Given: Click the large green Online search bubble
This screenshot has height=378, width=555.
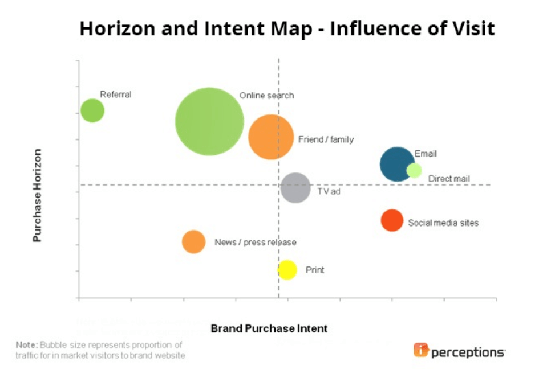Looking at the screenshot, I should tap(209, 121).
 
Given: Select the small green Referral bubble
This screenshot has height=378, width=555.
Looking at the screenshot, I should tap(92, 110).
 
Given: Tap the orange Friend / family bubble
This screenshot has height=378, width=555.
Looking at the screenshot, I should tap(270, 137).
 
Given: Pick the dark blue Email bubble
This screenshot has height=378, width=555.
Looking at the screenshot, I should tap(396, 164).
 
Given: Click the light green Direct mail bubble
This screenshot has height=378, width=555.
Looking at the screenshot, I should tap(414, 170).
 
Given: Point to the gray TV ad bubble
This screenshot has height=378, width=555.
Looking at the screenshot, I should tap(295, 187).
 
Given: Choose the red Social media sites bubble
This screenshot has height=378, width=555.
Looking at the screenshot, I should tap(392, 220).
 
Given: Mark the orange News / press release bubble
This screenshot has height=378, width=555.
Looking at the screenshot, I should tap(193, 241).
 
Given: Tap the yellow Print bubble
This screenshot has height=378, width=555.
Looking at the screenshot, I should tap(287, 269).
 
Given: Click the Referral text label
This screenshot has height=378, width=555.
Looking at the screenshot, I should tap(116, 94).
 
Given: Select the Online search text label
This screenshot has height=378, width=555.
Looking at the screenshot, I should tap(266, 95).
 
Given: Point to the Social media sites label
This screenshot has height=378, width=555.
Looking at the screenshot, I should tap(443, 223).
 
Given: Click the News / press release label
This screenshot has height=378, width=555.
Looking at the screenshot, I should tap(255, 242).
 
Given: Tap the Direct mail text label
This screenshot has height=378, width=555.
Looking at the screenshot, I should tap(449, 179).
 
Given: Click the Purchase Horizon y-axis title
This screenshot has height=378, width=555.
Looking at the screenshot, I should tap(38, 195).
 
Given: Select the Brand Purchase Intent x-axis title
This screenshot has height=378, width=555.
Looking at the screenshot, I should tap(269, 328).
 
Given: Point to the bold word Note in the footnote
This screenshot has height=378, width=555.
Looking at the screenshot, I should tap(26, 345).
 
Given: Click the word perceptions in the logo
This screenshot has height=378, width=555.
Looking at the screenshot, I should tap(468, 352).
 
